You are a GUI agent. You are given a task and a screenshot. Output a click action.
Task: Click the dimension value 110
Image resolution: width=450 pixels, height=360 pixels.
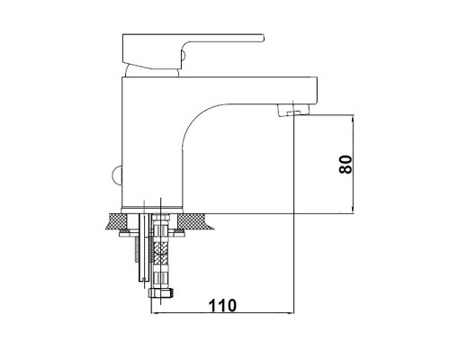pyautogui.click(x=222, y=306)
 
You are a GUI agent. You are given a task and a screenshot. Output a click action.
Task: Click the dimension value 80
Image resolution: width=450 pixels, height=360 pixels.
pyautogui.click(x=346, y=164)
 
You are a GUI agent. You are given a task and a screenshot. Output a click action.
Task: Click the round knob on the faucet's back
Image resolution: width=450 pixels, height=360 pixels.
pyautogui.click(x=117, y=175)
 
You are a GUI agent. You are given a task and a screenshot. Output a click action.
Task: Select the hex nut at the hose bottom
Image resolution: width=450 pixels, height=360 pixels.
pyautogui.click(x=161, y=292)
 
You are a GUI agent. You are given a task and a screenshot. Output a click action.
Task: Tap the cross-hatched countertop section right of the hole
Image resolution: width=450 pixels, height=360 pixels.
pyautogui.click(x=194, y=221)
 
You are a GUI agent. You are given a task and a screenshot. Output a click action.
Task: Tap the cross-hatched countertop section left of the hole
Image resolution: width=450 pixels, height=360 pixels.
pyautogui.click(x=117, y=221)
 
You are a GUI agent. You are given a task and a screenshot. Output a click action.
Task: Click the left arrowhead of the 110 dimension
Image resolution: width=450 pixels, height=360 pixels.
pyautogui.click(x=154, y=313)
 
